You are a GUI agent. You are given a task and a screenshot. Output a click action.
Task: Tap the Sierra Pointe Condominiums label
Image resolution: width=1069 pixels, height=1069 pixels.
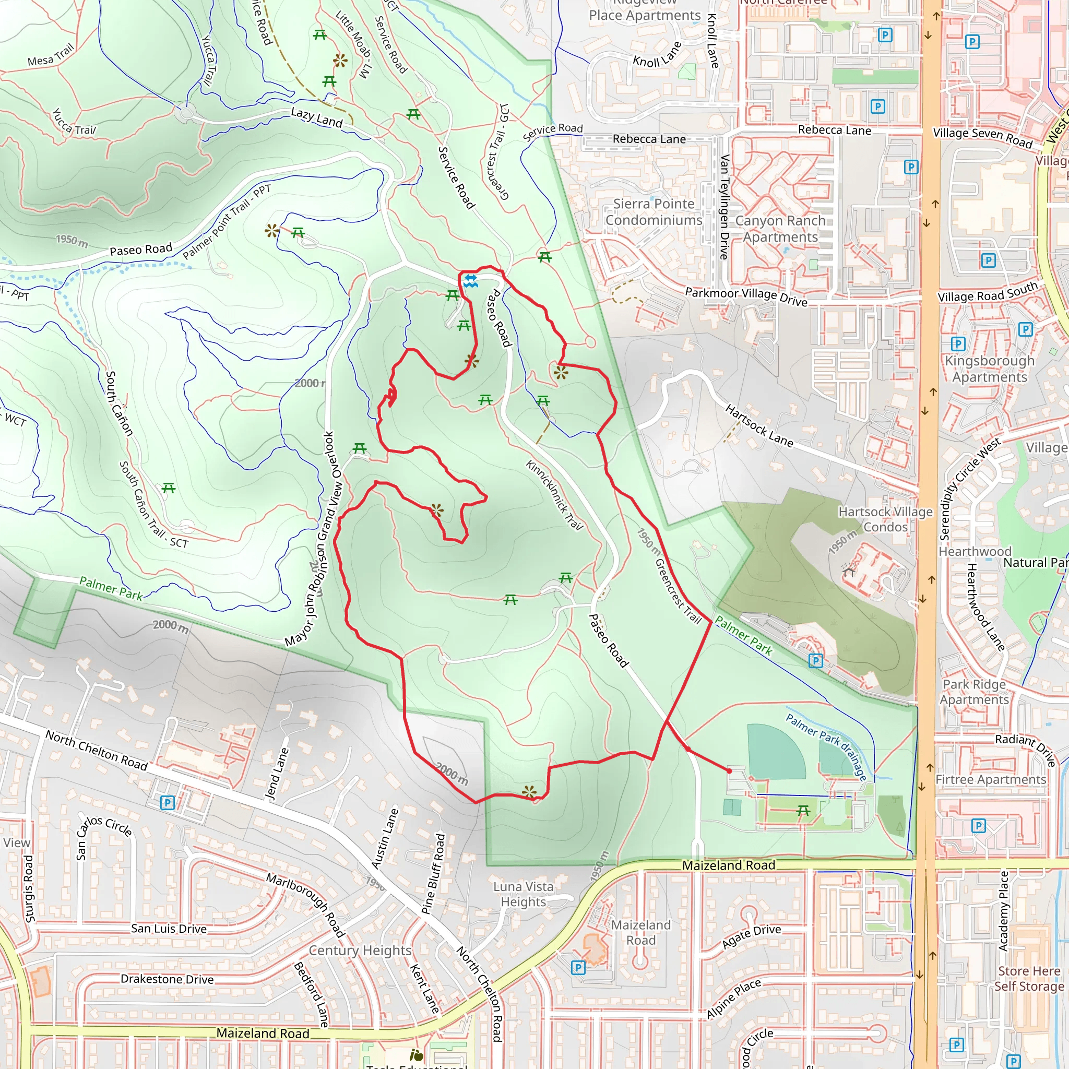[x=654, y=212]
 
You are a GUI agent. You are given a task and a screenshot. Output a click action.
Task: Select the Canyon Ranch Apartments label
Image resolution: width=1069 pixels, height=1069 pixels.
[x=780, y=229]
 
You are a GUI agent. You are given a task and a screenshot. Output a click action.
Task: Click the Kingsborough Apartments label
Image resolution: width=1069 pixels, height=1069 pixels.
[x=989, y=369]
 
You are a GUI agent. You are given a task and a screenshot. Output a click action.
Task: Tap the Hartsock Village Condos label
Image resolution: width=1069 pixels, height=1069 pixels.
[x=885, y=519]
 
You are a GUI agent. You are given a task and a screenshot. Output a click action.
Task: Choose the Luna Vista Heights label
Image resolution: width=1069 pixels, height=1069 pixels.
[x=523, y=894]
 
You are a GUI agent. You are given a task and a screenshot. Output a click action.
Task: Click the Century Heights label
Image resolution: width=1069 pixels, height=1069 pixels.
[x=360, y=951]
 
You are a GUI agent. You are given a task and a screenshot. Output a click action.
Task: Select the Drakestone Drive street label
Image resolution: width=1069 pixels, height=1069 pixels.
[x=167, y=979]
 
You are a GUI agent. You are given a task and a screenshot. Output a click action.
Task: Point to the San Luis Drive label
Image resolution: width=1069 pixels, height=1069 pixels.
[x=169, y=929]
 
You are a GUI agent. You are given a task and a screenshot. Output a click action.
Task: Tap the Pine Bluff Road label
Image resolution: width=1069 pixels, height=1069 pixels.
[x=433, y=874]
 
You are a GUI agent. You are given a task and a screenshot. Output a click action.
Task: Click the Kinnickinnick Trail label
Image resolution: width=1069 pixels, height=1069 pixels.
[x=554, y=495]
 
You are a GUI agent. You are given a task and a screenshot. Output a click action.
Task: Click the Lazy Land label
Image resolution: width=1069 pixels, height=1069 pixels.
[x=317, y=117]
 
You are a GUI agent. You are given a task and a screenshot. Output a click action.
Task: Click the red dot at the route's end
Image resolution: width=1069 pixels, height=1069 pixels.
[x=729, y=771]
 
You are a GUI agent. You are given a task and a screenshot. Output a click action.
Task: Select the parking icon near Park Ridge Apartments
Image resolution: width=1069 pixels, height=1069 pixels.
[x=815, y=661]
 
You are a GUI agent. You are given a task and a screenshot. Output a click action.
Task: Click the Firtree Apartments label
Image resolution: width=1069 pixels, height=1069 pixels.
[x=990, y=780]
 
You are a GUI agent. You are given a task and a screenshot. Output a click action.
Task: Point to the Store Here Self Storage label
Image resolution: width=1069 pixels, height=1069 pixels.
[x=1029, y=979]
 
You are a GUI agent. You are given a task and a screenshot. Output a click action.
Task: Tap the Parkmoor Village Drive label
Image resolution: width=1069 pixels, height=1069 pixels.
[x=746, y=296]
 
